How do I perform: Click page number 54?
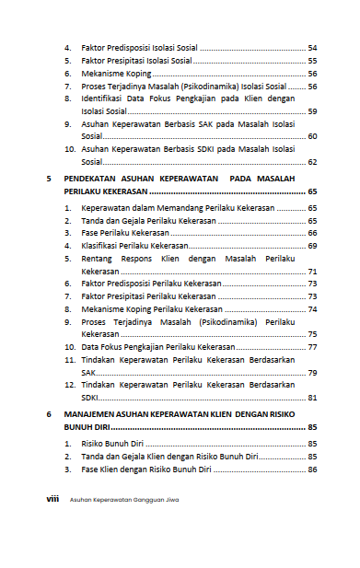click(312, 47)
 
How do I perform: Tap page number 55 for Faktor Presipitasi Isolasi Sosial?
click(312, 60)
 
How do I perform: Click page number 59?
click(312, 110)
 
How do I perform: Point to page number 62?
click(312, 162)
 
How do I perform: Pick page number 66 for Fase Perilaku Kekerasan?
click(312, 234)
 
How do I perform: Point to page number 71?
click(312, 272)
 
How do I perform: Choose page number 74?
click(312, 310)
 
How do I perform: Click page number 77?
click(312, 347)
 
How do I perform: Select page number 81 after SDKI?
click(312, 398)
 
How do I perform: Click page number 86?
click(312, 469)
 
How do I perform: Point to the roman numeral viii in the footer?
click(52, 499)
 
